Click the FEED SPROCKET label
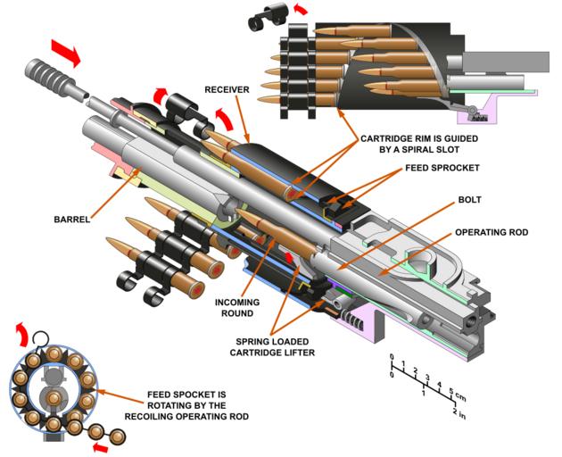coord(442,168)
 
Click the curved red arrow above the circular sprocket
coord(21,337)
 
